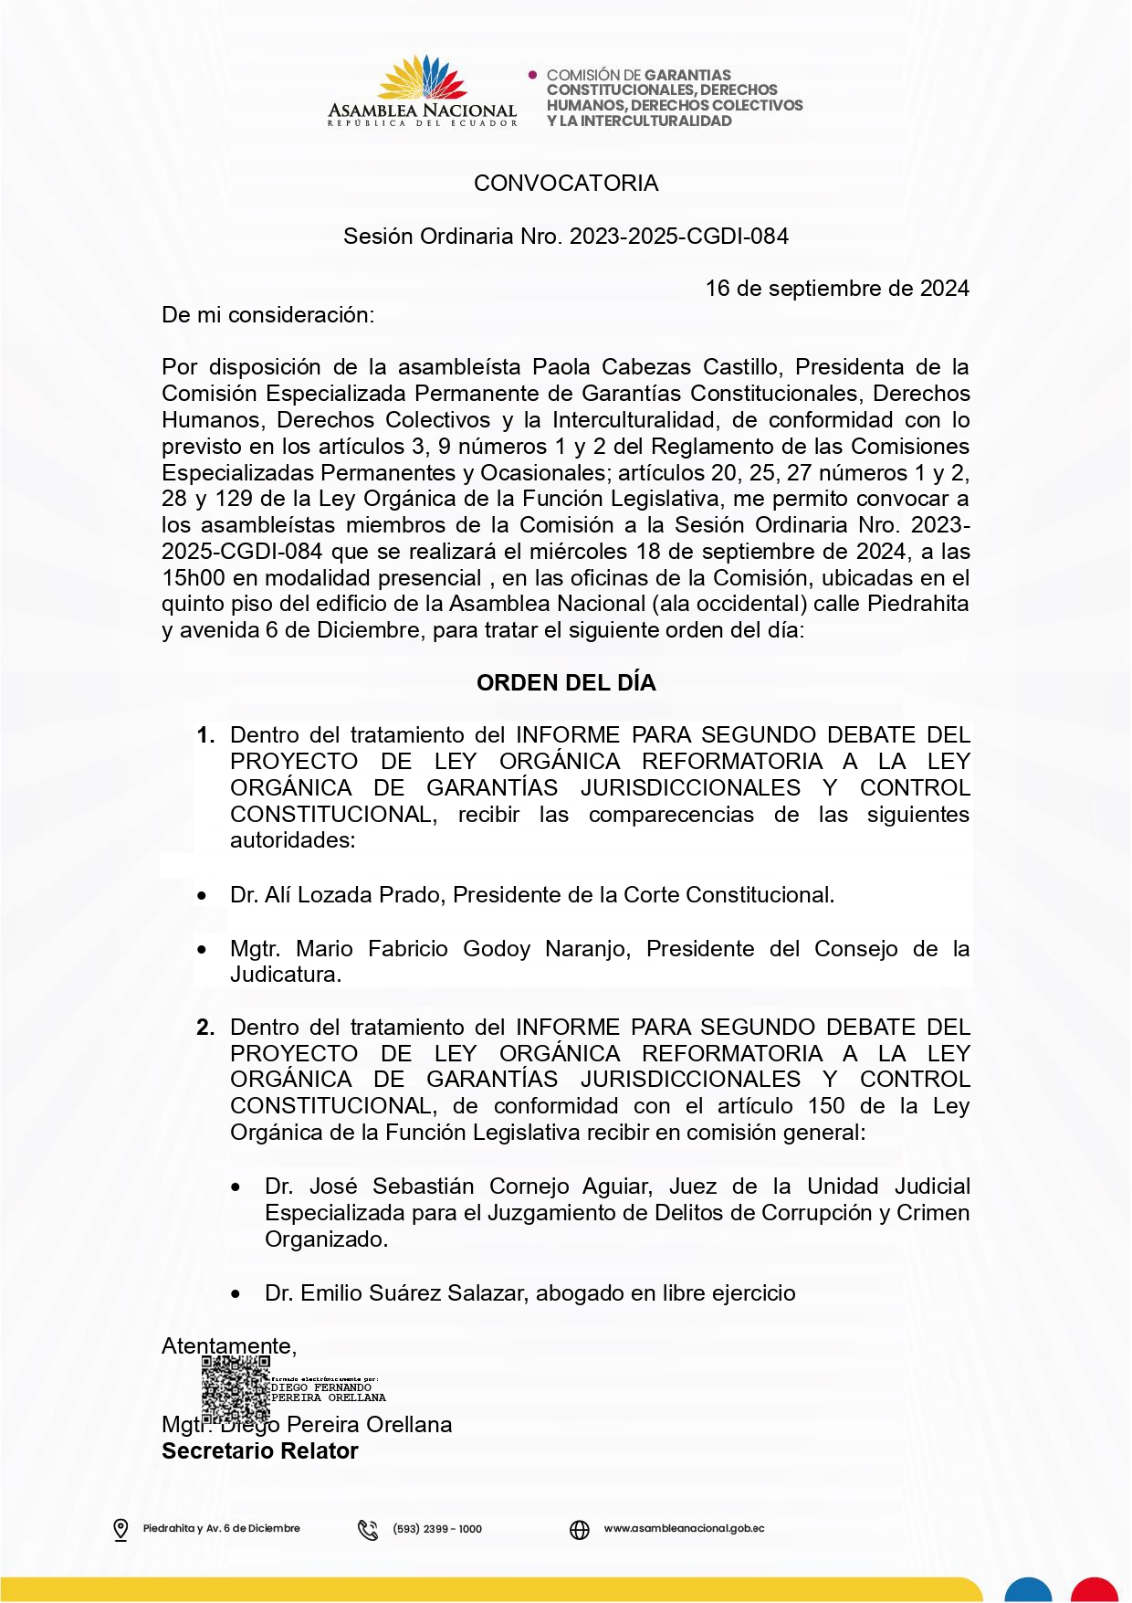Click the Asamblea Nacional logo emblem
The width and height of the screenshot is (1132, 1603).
tap(423, 79)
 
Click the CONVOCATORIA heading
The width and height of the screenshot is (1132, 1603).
tap(566, 184)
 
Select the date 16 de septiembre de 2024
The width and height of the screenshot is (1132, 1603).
tap(836, 289)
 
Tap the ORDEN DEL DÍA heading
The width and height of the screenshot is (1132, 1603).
tap(566, 683)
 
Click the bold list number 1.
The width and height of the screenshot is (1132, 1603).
tap(205, 735)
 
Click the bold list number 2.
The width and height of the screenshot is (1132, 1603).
tap(205, 1028)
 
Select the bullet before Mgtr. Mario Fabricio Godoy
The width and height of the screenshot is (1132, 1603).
tap(202, 950)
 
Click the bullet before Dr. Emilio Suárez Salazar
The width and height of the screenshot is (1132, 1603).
tap(236, 1294)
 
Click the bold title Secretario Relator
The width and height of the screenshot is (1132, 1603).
tap(260, 1451)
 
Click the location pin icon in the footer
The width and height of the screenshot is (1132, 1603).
tap(121, 1529)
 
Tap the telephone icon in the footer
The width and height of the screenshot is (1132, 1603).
tap(368, 1529)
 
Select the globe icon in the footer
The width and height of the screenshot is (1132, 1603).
tap(580, 1529)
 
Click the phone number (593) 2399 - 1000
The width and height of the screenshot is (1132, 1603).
tap(437, 1529)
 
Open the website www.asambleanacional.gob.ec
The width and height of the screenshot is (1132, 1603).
tap(684, 1528)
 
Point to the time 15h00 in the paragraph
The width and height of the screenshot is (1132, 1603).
tap(194, 578)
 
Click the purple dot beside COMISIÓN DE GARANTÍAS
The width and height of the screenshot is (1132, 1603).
tap(533, 75)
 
